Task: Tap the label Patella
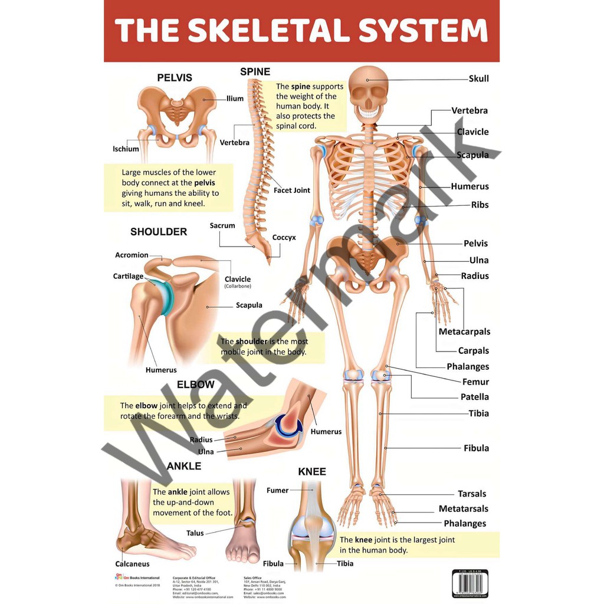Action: tap(475, 397)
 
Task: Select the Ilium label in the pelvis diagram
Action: tap(235, 99)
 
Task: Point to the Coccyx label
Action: tap(284, 238)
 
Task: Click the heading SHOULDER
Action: tap(159, 232)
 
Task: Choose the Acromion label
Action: tap(132, 255)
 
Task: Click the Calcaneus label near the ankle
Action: tap(132, 564)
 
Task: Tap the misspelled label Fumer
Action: tap(277, 490)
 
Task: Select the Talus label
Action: tap(195, 533)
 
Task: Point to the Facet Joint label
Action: tap(291, 191)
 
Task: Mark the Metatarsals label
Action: tap(463, 508)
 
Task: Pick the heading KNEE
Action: tap(312, 472)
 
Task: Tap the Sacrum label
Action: tap(222, 225)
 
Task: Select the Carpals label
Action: tap(473, 351)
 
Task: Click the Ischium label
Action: tap(126, 149)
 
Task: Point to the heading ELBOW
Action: tap(196, 385)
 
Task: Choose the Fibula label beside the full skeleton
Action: tap(476, 448)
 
